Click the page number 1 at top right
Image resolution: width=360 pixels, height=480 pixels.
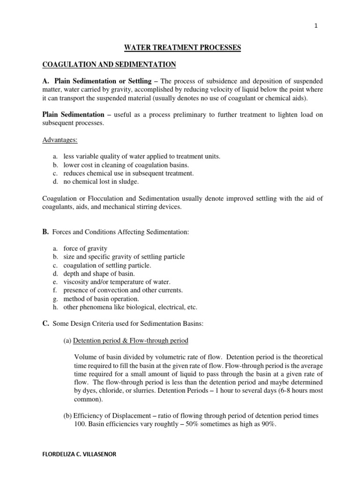316,27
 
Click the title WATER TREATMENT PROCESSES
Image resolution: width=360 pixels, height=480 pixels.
182,48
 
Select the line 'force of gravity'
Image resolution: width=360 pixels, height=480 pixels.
85,248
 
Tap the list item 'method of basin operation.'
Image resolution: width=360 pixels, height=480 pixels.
101,299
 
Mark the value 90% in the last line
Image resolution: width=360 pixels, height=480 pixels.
269,424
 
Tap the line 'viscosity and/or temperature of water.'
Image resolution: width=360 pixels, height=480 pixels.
117,282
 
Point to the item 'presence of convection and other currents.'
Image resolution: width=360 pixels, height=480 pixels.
122,290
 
